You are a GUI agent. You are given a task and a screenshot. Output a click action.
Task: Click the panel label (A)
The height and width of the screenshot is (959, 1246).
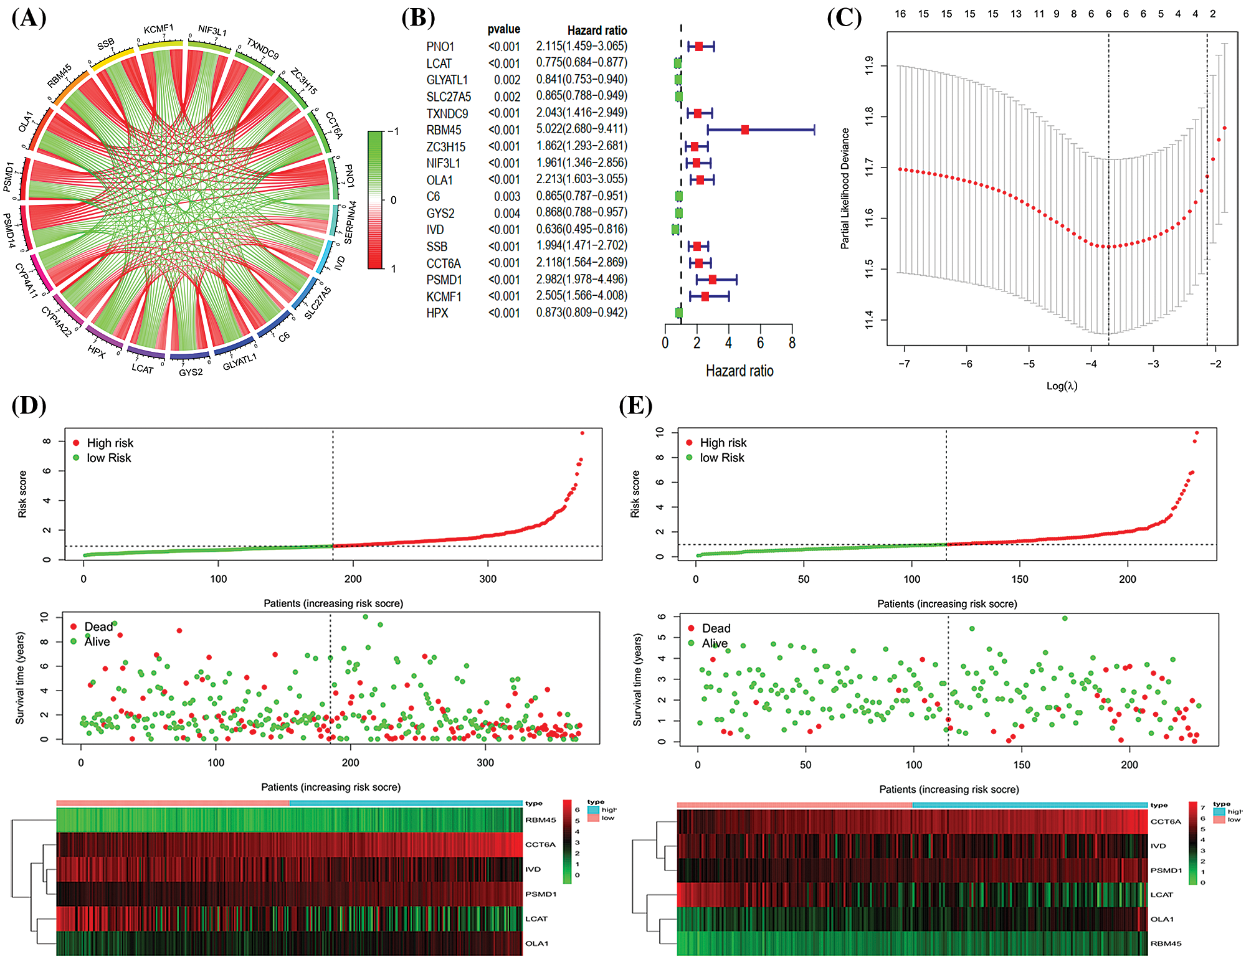29,17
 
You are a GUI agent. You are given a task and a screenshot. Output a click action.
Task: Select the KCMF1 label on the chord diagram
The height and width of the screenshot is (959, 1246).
158,29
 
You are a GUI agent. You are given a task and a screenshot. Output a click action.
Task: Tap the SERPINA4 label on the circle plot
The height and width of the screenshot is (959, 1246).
351,222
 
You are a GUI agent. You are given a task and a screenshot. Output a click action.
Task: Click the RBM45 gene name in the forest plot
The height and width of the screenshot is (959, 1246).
444,130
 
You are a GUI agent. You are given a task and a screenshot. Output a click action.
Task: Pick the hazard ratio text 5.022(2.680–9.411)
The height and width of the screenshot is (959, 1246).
581,129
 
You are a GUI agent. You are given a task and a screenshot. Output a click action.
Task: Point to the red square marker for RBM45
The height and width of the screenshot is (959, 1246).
745,130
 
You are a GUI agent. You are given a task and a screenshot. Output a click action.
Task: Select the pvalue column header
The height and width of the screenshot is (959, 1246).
503,29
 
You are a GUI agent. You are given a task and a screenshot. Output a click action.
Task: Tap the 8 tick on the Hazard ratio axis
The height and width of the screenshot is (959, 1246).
792,343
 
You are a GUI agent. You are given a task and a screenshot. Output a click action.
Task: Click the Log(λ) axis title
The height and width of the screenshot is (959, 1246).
1062,386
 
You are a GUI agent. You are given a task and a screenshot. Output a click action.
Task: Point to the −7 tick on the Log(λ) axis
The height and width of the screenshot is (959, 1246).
904,364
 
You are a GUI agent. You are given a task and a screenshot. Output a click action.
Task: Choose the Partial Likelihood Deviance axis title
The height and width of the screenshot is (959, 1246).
845,189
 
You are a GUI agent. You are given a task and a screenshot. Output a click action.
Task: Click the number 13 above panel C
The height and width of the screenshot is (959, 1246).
1016,14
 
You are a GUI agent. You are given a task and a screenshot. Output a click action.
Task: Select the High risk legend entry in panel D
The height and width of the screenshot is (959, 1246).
110,443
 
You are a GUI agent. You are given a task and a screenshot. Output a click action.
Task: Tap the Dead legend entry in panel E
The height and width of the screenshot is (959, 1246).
716,628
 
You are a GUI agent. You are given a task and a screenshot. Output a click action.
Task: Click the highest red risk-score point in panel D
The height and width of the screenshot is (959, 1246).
582,433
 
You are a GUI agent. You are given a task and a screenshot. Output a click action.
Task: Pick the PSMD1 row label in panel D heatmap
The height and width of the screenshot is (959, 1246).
540,894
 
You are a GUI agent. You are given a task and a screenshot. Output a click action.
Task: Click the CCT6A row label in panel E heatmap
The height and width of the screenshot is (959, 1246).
1165,821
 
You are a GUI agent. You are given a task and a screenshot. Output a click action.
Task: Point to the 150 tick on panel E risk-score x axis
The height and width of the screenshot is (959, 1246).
1020,579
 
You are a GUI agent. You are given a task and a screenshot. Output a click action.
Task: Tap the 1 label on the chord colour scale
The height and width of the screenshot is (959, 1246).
393,268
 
